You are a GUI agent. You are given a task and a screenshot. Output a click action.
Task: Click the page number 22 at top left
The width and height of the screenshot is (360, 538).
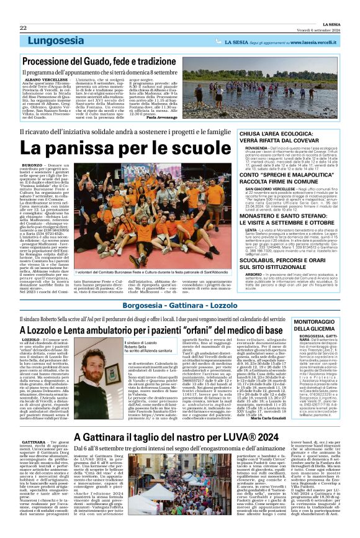[23, 28]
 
